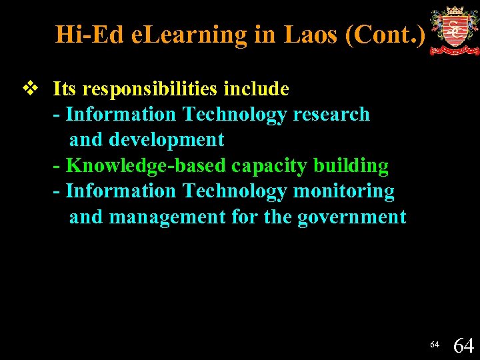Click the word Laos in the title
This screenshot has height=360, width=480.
312,34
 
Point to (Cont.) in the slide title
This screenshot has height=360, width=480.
385,34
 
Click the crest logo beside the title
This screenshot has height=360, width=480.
454,31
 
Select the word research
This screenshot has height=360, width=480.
331,115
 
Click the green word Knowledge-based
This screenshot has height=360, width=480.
146,165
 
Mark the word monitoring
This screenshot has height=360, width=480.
344,191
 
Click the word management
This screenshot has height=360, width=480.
167,217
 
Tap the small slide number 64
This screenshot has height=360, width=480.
435,345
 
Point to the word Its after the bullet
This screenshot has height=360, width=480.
64,89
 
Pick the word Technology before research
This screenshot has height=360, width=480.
234,115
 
